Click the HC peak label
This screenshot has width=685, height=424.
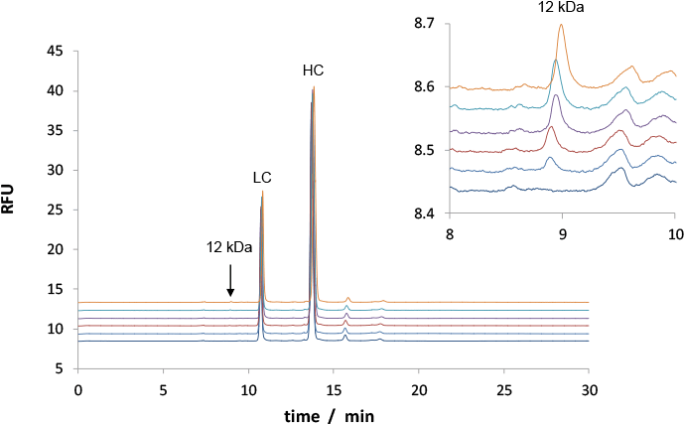[313, 70]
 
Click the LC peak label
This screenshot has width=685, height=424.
[262, 178]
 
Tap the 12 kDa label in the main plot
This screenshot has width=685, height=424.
[229, 247]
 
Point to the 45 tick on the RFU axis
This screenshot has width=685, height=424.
[57, 51]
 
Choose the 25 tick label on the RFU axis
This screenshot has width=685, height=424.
[57, 210]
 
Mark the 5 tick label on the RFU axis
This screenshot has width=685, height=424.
[61, 368]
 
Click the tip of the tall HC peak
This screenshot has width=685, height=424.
[314, 86]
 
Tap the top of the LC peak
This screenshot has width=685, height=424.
[263, 191]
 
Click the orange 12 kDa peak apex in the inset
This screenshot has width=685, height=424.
[562, 26]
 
